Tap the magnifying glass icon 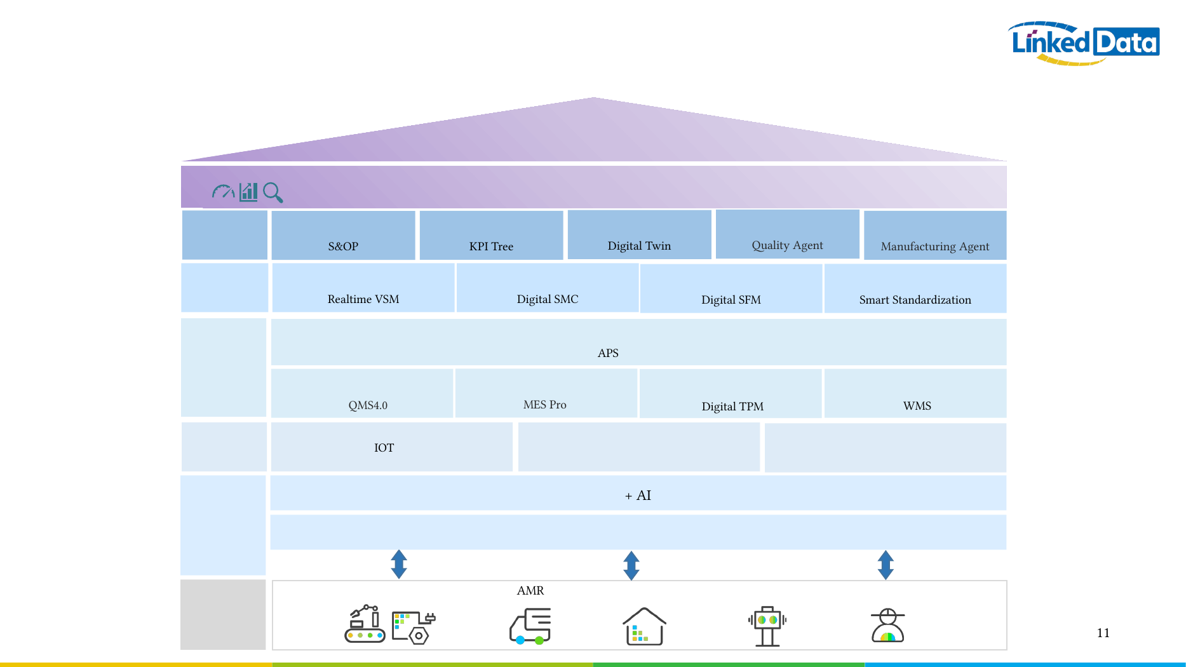(273, 192)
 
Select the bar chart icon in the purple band (248, 192)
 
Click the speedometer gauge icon (223, 191)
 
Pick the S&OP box (343, 235)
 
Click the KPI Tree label (491, 246)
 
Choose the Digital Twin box (639, 235)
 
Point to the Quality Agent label (787, 245)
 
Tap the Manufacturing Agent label (935, 246)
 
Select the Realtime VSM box (363, 288)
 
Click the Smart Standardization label (915, 300)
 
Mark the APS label (608, 353)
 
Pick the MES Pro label (545, 405)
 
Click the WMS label (917, 406)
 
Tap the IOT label (384, 448)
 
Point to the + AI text (638, 495)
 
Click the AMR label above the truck (530, 591)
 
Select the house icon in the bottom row (644, 626)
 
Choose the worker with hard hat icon (887, 626)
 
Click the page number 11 (1103, 633)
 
